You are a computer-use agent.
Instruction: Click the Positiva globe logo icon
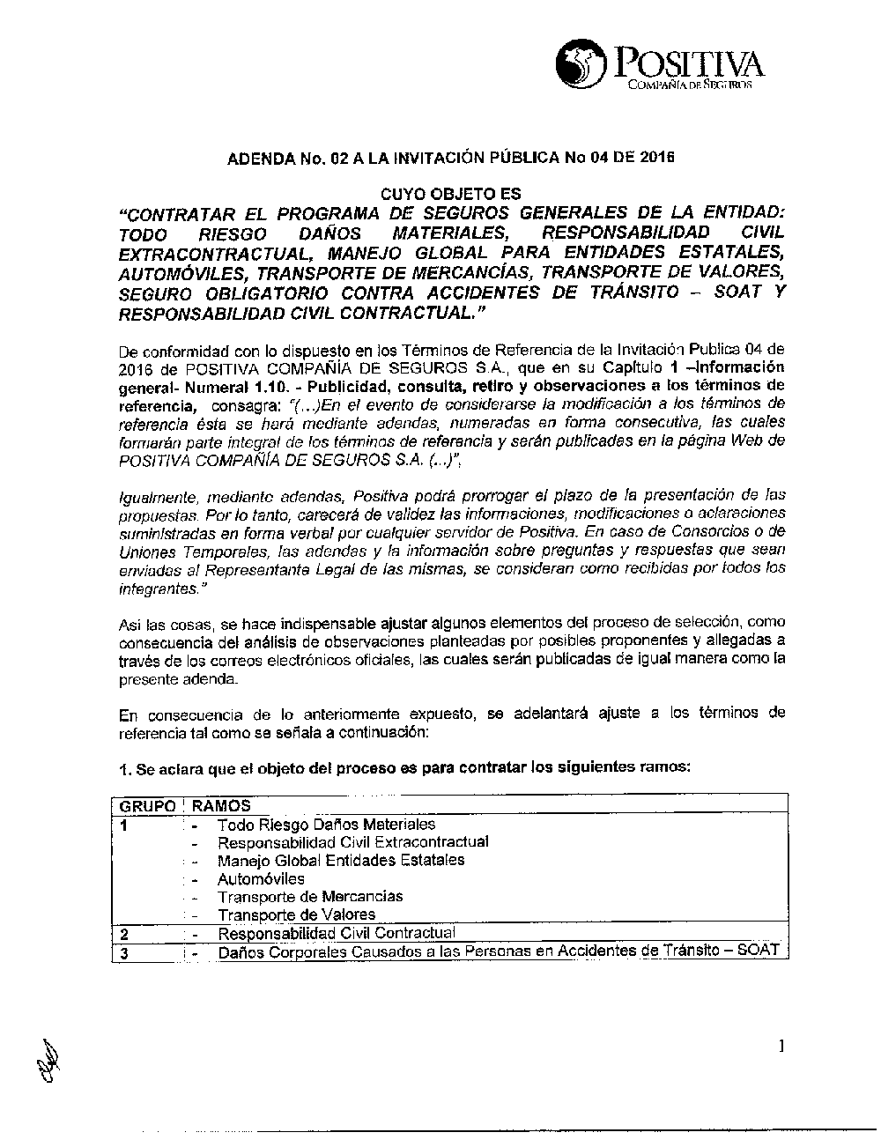581,63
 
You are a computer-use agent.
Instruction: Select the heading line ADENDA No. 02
449,159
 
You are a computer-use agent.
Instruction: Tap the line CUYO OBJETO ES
449,194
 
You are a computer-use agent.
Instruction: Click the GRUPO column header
147,806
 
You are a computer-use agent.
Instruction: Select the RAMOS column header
221,806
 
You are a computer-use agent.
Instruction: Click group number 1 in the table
125,825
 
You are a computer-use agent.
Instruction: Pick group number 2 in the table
125,934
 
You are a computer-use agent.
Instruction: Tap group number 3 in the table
125,952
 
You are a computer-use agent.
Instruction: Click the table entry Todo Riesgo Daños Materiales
326,825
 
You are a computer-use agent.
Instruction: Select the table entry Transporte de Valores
296,915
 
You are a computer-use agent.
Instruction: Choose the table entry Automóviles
261,879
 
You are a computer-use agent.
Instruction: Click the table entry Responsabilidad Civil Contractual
336,933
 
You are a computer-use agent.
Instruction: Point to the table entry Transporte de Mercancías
310,897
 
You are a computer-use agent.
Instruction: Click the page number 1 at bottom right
781,1047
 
